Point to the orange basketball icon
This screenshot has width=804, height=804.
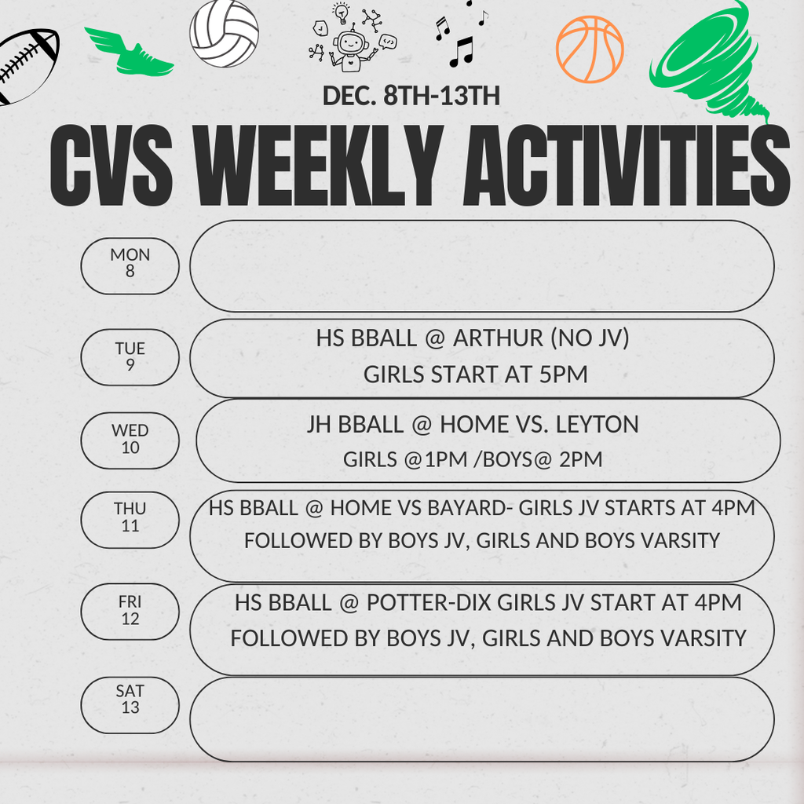click(590, 49)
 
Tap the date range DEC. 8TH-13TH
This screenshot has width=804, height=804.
click(411, 96)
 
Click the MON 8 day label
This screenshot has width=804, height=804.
click(130, 264)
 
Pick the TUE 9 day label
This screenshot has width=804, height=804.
click(130, 357)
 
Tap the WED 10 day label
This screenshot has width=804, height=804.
click(130, 440)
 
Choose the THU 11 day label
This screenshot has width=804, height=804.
click(130, 518)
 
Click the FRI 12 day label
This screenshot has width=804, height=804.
click(130, 610)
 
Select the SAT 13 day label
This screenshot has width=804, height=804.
click(130, 700)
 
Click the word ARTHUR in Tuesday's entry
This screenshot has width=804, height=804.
click(498, 338)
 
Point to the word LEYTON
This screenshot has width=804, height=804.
click(598, 425)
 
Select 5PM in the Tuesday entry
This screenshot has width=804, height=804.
click(563, 375)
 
